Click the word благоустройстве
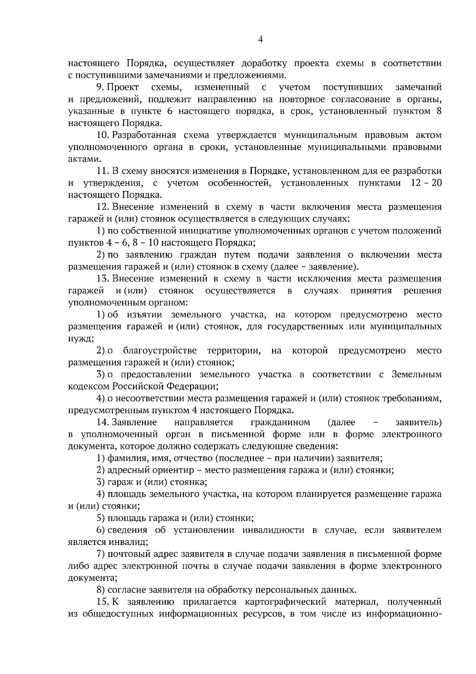[x=160, y=350]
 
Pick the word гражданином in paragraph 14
[x=280, y=422]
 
